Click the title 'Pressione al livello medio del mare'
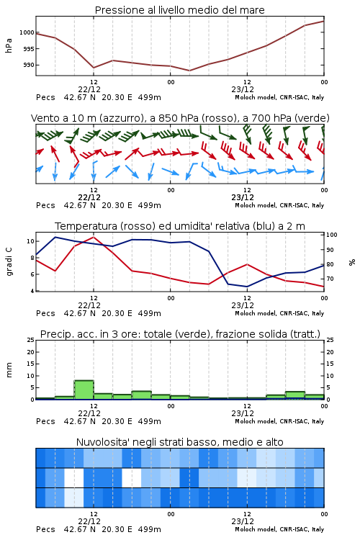tap(179, 10)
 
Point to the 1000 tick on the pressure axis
tap(27, 32)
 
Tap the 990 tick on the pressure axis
tap(29, 65)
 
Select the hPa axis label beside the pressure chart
tap(9, 45)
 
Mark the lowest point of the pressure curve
tap(189, 71)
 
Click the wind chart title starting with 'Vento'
tap(180, 118)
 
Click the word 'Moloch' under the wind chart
tap(246, 205)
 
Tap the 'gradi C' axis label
tap(9, 261)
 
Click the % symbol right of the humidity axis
tap(352, 262)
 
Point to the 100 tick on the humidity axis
tap(332, 235)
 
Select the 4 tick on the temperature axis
tap(32, 291)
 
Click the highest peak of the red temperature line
tap(94, 237)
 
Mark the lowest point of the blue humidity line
tap(247, 287)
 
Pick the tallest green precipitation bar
tap(84, 390)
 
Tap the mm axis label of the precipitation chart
tap(9, 369)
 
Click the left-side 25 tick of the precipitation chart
tap(31, 340)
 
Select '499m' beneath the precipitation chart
tap(150, 421)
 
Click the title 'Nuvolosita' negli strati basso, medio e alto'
tap(179, 442)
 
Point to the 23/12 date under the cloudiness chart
tap(243, 521)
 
